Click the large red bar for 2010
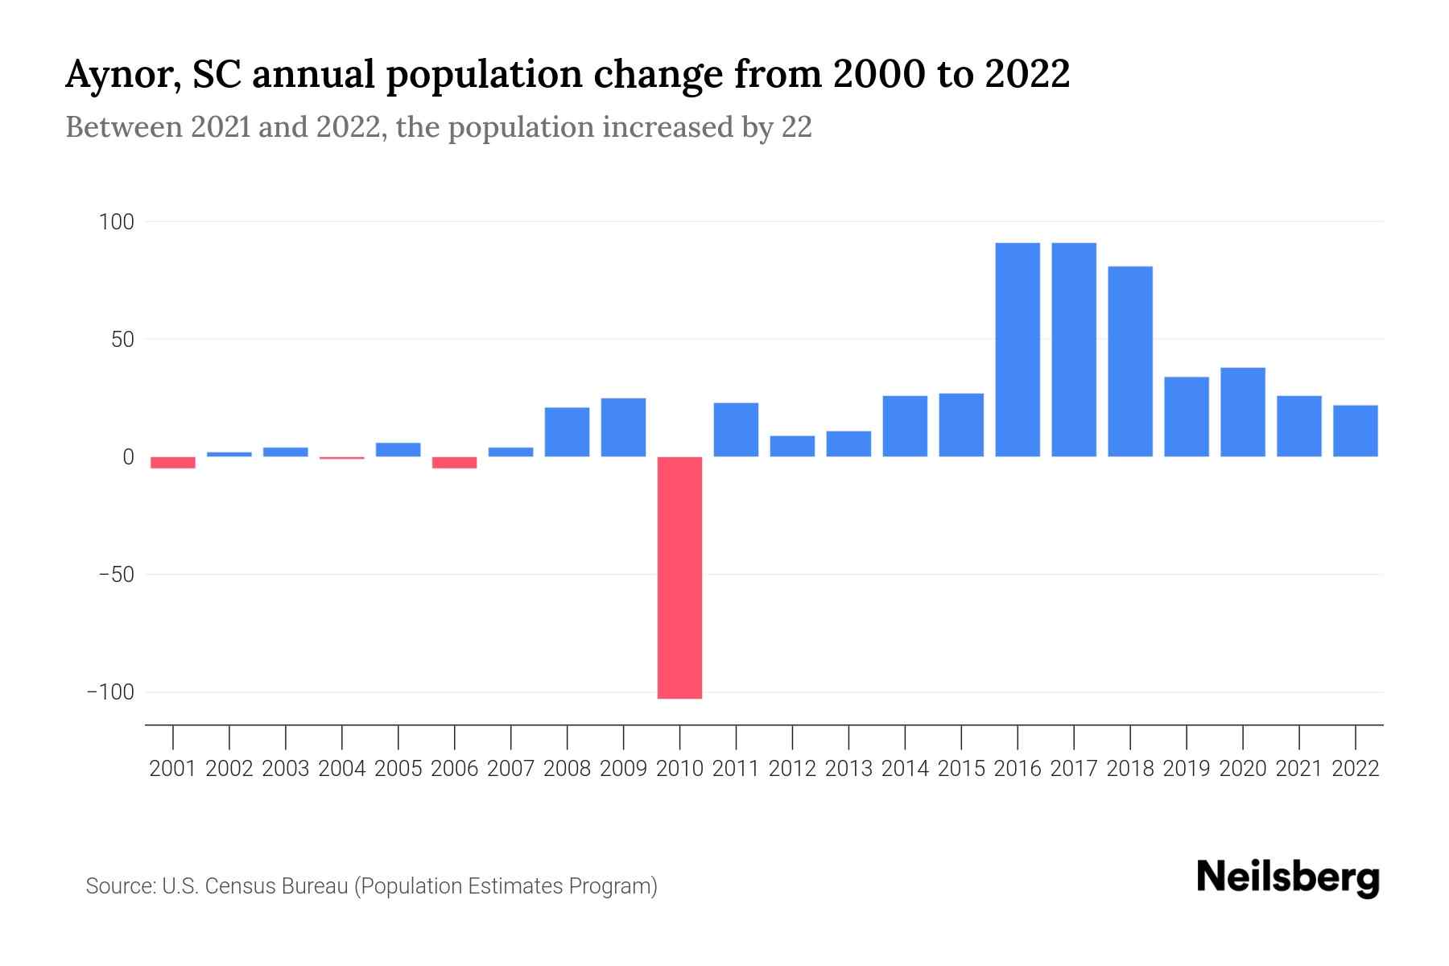(679, 577)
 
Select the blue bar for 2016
(1018, 349)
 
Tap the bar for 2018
(1130, 361)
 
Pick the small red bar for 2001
(173, 462)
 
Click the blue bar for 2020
(1243, 412)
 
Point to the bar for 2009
(623, 427)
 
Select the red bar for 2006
(455, 462)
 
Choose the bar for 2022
(1356, 431)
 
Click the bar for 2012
(792, 446)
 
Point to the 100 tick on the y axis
(116, 221)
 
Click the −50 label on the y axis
(116, 575)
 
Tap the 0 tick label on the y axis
(128, 457)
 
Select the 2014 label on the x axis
(905, 769)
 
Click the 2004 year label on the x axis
(342, 769)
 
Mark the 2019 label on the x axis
(1187, 769)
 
